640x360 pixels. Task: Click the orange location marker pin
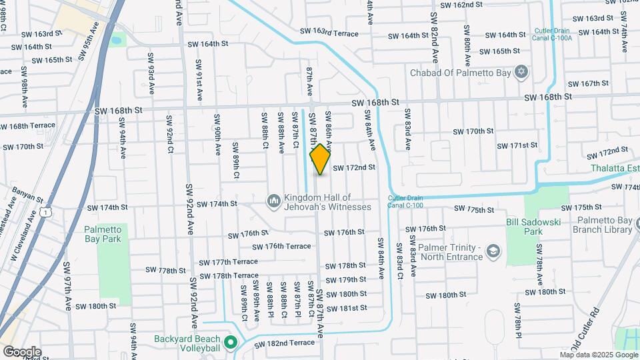320,159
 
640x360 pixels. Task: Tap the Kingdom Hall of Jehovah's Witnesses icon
273,201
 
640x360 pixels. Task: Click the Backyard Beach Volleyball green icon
231,344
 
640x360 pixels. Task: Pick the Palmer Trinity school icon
493,251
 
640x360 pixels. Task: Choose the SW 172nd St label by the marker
354,167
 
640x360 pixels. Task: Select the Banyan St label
27,194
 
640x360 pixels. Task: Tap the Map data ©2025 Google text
598,355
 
